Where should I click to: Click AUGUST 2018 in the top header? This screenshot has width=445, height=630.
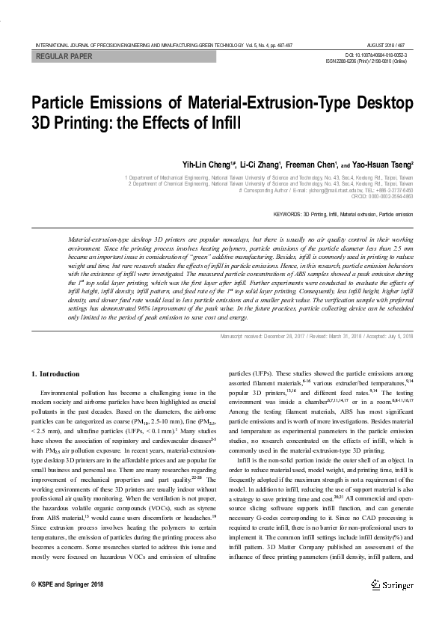pyautogui.click(x=381, y=45)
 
